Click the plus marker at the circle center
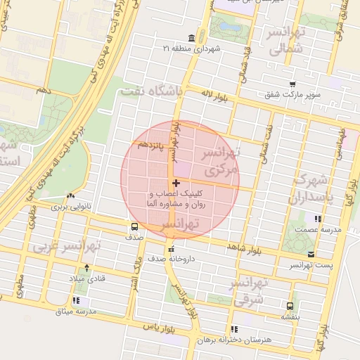[176, 184]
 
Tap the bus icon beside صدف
[134, 226]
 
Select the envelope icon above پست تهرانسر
[311, 254]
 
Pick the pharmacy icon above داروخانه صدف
[170, 248]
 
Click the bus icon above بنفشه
[290, 306]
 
